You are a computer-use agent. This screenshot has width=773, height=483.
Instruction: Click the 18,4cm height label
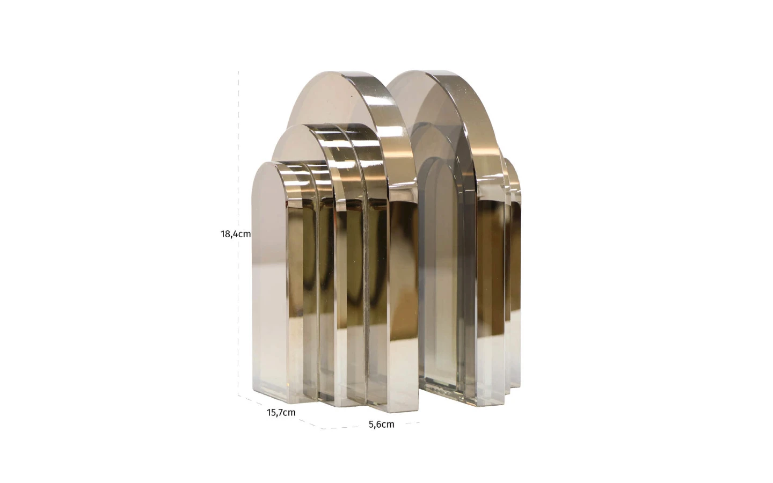coord(236,234)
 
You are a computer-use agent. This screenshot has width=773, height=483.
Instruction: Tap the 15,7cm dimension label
coord(281,412)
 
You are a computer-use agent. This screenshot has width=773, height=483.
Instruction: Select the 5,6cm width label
coord(381,425)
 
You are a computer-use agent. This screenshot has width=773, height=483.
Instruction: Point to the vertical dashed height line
coord(238,233)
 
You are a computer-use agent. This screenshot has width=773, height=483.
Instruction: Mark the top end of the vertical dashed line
coord(238,71)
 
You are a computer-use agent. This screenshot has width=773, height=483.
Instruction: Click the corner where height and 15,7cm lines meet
coord(238,396)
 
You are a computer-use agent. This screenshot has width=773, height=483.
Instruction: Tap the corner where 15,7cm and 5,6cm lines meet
coord(322,429)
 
